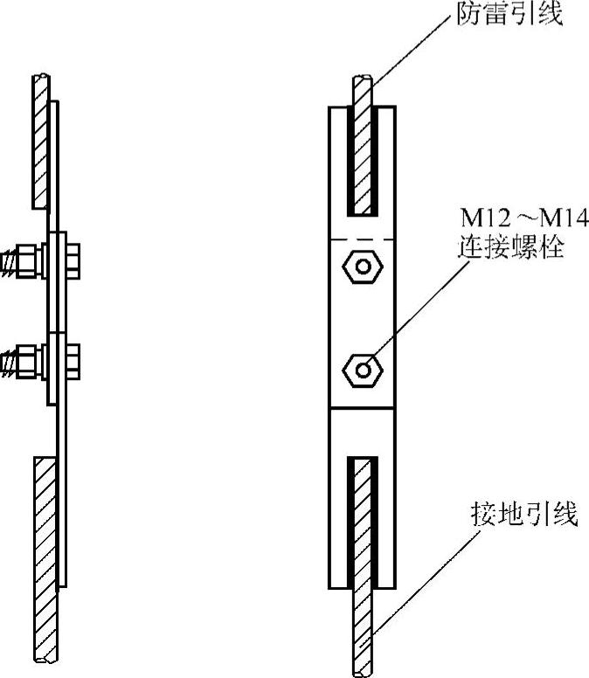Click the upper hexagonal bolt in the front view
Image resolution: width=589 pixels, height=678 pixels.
pos(362,265)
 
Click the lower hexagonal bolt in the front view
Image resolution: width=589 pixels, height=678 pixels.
pos(362,369)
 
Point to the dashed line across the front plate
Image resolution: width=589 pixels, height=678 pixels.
pos(362,239)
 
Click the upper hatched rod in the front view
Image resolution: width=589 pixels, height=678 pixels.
pos(363,149)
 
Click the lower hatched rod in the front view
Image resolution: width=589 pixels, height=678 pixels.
pos(363,559)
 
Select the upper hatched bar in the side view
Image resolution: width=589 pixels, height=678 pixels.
pos(39,140)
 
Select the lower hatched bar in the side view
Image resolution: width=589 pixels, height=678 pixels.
pos(44,559)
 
